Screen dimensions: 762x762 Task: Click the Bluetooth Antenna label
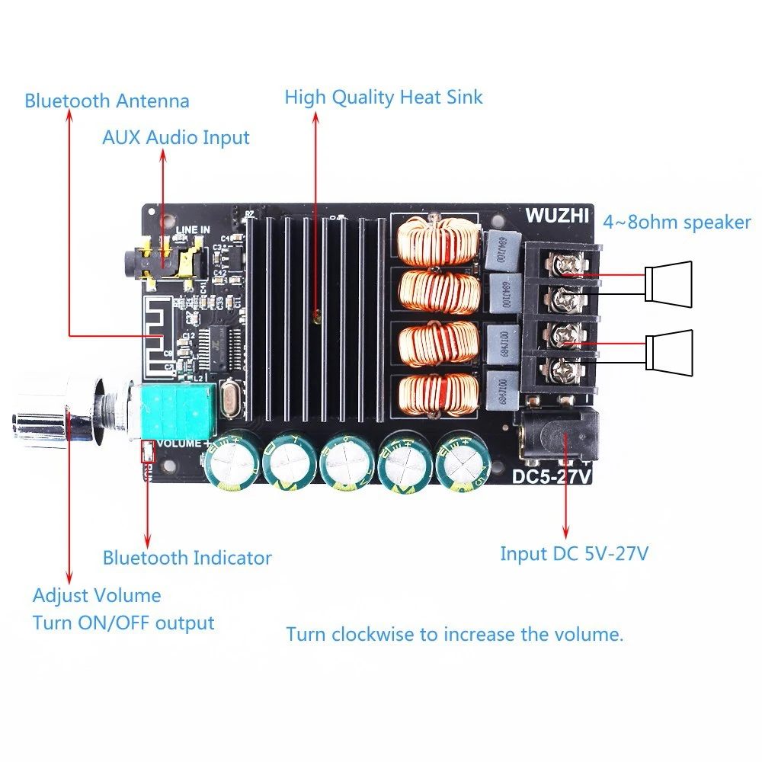107,101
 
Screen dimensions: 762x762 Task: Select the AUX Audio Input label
176,137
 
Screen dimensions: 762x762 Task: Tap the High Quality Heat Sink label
383,98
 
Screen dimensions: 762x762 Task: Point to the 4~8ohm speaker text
677,223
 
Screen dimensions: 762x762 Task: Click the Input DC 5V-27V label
574,553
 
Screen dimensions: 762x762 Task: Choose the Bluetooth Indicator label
187,558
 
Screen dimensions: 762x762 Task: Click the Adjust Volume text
97,595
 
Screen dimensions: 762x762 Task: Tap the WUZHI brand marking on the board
556,216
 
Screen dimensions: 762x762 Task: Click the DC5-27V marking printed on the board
552,477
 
